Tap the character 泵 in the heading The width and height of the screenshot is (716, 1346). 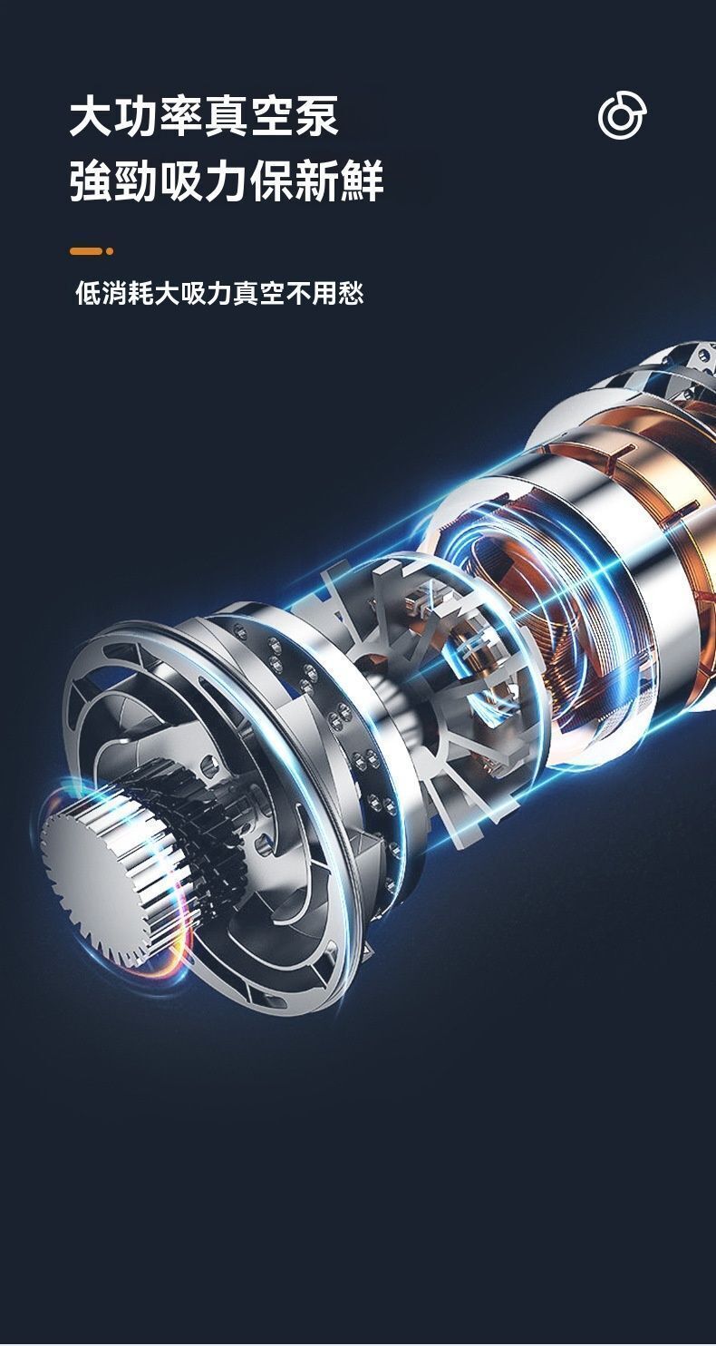click(316, 115)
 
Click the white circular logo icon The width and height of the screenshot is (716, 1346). click(623, 115)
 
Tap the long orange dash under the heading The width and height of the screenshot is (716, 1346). click(86, 251)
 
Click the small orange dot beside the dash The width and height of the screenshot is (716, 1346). click(110, 251)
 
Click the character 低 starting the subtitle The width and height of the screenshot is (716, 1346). click(88, 294)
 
